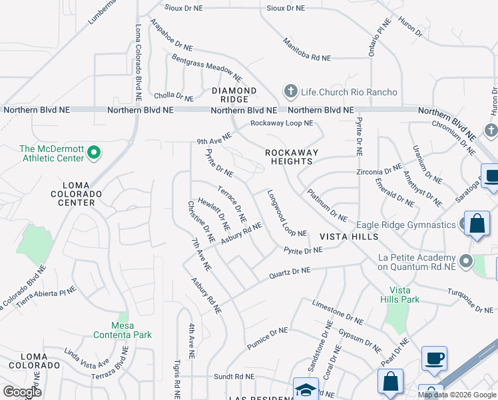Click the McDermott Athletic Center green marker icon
click(x=94, y=153)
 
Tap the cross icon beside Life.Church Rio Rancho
click(x=290, y=91)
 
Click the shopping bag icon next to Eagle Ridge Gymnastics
click(x=478, y=223)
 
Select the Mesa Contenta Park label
click(x=123, y=330)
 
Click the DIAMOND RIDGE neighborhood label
click(x=234, y=95)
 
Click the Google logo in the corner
click(x=22, y=392)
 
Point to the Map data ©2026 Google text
click(x=456, y=395)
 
